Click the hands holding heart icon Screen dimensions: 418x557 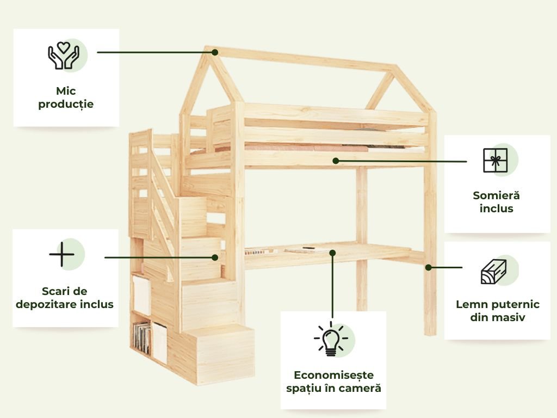(64, 56)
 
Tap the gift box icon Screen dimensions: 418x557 (495, 160)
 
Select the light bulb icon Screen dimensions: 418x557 (331, 340)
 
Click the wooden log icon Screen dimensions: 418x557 (494, 272)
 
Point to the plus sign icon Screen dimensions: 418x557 (61, 254)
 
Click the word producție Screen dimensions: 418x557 (66, 104)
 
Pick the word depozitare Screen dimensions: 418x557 (47, 304)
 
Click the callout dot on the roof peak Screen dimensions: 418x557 (215, 52)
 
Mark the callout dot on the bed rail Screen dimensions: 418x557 (336, 161)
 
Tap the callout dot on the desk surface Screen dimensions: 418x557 (332, 253)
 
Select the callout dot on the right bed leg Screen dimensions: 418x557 (428, 267)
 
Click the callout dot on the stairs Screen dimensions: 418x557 (214, 257)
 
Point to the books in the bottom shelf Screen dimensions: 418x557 (142, 337)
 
